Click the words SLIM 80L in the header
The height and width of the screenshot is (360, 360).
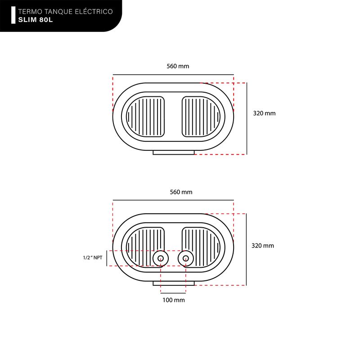coord(36,20)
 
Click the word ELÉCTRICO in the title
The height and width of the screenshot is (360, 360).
coord(94,12)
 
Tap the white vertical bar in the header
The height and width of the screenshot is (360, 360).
coord(13,15)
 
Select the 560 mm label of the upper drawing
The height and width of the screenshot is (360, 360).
coord(178,66)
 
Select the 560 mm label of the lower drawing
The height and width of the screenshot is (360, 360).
coord(181,192)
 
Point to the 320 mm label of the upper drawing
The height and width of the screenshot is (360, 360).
coord(264,113)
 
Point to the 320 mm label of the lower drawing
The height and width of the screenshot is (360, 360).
coord(263,246)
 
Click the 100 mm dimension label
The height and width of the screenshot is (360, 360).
coord(174,300)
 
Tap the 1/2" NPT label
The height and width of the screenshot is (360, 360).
coord(93,257)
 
